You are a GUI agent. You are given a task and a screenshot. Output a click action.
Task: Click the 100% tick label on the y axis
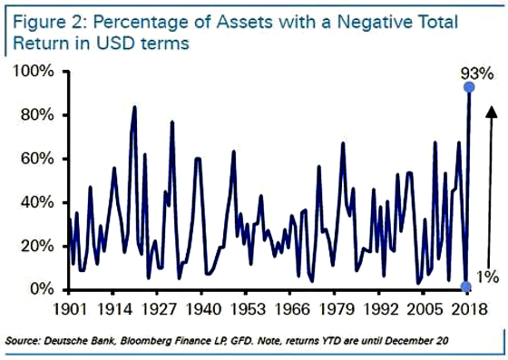click(35, 72)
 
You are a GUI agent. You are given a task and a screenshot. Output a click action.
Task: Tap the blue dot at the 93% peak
click(469, 87)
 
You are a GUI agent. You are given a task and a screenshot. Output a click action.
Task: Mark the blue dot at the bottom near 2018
click(466, 287)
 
